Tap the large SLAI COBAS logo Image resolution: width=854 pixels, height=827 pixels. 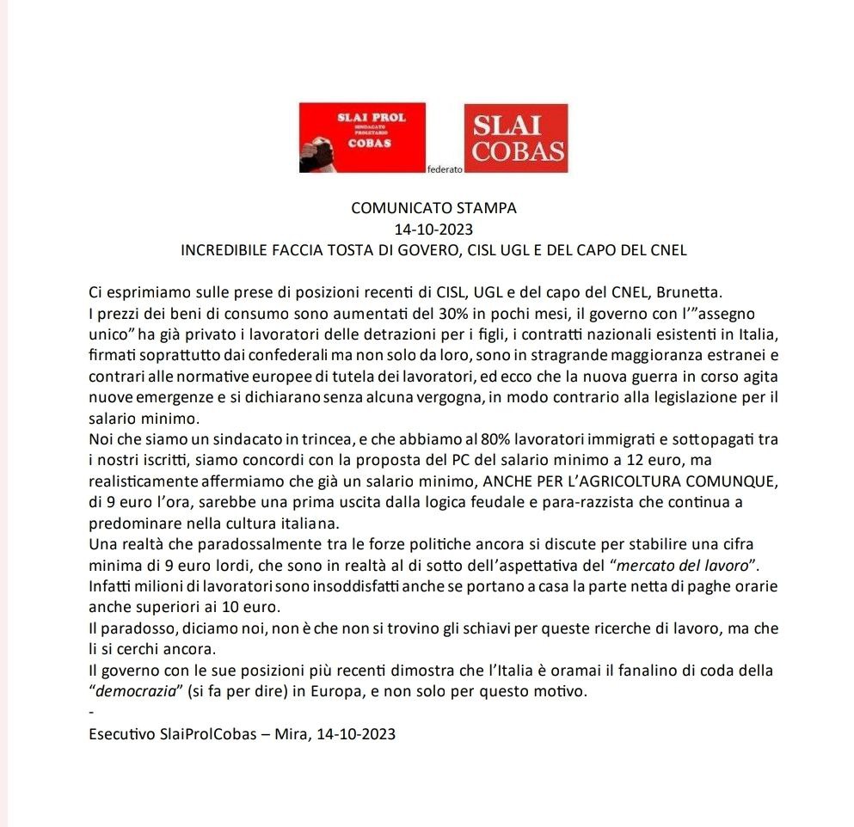tap(516, 138)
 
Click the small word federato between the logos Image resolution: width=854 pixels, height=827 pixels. tap(445, 170)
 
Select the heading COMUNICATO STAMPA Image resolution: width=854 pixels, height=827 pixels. tap(433, 208)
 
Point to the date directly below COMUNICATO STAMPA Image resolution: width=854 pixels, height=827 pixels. tap(433, 230)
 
